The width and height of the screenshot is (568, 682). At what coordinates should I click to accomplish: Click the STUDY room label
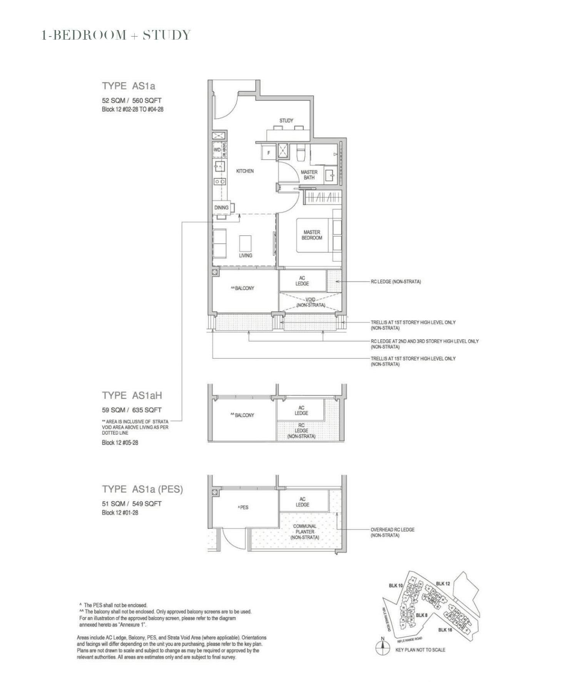(286, 120)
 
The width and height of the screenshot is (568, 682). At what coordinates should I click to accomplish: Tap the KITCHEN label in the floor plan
(245, 171)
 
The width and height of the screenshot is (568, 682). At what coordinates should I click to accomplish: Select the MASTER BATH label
(309, 175)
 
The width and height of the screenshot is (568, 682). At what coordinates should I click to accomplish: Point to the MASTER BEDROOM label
(312, 235)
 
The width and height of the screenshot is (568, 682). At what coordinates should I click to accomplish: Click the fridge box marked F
(269, 153)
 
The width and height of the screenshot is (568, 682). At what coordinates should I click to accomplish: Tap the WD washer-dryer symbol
(217, 150)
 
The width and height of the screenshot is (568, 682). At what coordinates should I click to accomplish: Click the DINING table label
(221, 207)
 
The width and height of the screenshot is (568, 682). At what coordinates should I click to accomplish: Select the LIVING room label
(245, 255)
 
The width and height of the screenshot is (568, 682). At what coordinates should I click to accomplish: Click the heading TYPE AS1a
(129, 86)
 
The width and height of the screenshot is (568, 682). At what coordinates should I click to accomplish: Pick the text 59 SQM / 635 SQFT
(132, 410)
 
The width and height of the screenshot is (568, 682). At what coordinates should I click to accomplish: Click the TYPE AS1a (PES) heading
(142, 489)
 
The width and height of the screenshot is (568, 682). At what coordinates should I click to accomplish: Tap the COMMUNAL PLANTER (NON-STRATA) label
(305, 532)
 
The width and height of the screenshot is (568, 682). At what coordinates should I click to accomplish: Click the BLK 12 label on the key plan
(443, 583)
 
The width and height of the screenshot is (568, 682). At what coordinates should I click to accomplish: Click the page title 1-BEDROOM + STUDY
(116, 35)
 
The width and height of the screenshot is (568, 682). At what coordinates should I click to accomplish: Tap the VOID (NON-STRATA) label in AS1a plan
(311, 302)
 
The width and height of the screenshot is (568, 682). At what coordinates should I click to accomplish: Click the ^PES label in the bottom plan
(243, 507)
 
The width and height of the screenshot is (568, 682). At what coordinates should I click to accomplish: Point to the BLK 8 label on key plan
(421, 615)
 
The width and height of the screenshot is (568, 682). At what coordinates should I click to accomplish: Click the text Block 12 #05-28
(120, 443)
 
